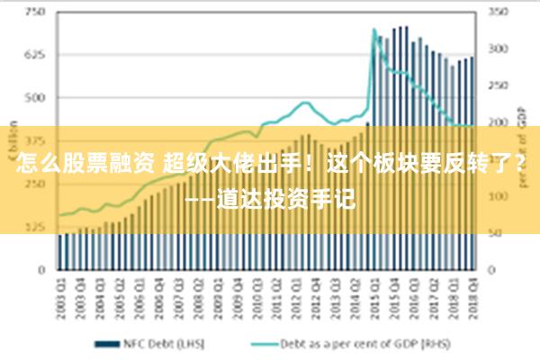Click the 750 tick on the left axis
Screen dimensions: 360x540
37,13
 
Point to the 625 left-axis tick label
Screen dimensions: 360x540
37,55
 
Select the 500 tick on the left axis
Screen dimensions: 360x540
37,97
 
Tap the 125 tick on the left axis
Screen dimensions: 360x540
37,227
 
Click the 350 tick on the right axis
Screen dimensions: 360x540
498,13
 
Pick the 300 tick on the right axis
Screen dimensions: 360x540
498,49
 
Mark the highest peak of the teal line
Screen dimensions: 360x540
373,30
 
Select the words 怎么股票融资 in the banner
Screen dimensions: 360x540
85,165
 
